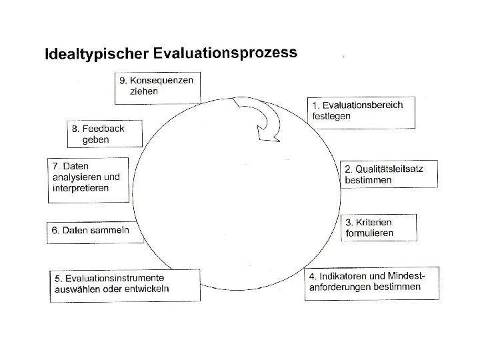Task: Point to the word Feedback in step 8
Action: click(x=103, y=128)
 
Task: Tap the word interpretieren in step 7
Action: click(x=81, y=189)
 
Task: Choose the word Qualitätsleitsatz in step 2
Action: click(x=390, y=169)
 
